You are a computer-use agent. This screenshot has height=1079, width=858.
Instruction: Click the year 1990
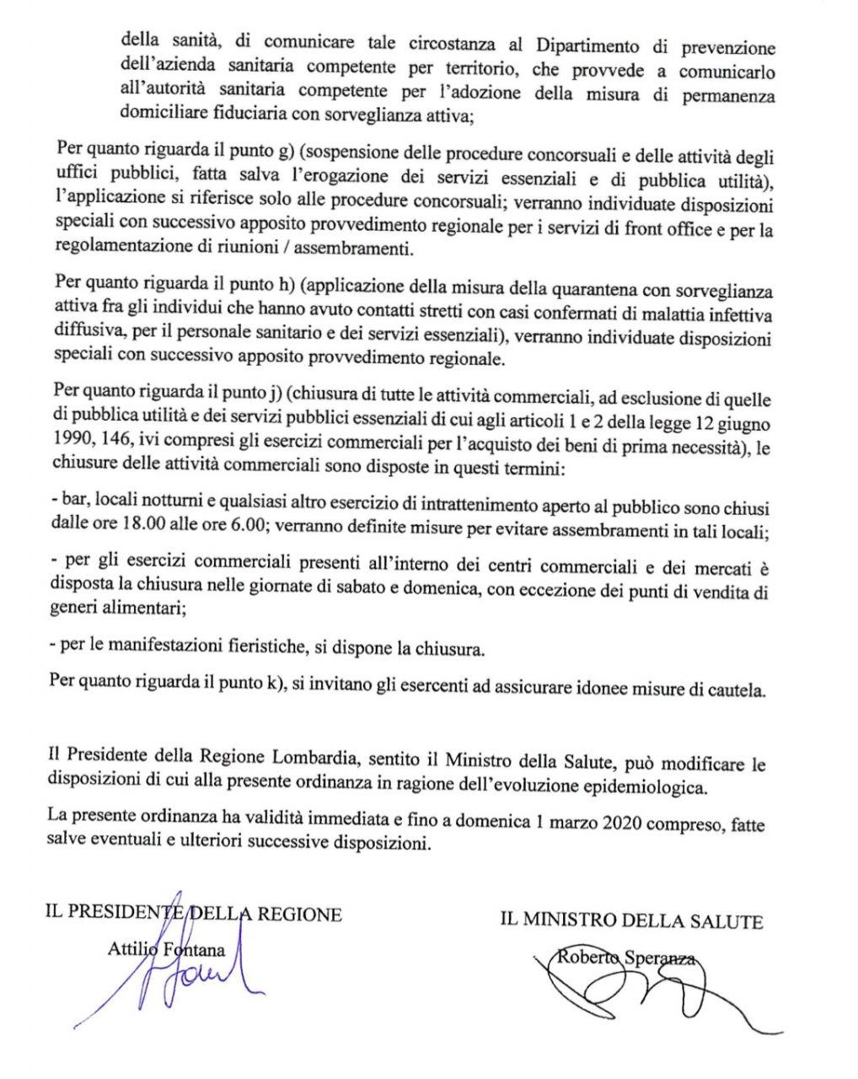point(72,442)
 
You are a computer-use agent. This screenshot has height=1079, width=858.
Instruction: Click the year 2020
point(625,822)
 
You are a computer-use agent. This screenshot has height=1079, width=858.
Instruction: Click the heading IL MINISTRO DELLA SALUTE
point(631,921)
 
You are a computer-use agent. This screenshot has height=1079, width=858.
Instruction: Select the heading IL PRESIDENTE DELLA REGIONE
point(194,914)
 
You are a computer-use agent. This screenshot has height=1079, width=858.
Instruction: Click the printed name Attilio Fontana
point(166,950)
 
